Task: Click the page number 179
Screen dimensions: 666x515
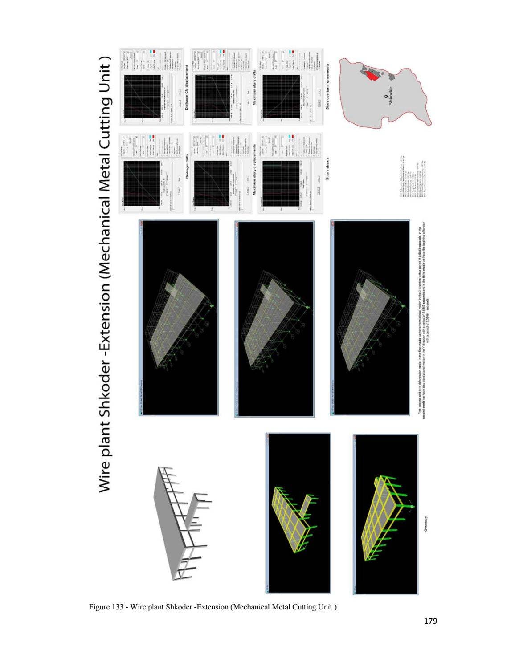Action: point(430,620)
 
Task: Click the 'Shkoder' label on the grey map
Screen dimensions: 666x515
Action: point(391,95)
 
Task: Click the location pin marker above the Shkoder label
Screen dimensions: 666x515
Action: point(385,95)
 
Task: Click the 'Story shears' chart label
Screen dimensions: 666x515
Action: point(327,169)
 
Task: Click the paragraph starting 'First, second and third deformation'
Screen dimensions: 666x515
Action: point(422,318)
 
